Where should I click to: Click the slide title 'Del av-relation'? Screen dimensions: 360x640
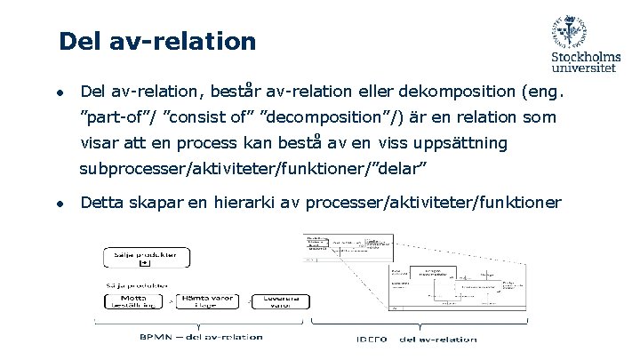point(156,42)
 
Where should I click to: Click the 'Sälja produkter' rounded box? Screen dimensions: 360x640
point(145,258)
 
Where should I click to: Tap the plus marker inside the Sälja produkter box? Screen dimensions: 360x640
point(145,264)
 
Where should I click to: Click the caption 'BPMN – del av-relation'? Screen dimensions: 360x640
point(201,337)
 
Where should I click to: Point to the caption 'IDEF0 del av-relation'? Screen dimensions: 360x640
point(414,339)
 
